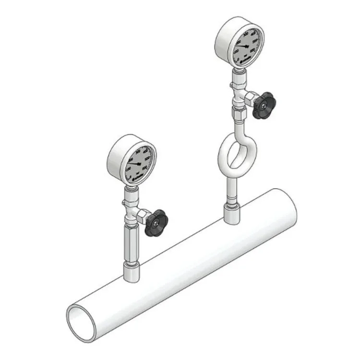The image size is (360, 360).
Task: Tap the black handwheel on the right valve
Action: pos(264,105)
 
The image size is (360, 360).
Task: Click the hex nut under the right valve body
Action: pos(239,115)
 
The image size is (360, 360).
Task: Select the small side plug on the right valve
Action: pos(232,86)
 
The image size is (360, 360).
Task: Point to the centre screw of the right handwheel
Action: pos(264,104)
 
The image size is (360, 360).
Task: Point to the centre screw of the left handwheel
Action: pos(157,221)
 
